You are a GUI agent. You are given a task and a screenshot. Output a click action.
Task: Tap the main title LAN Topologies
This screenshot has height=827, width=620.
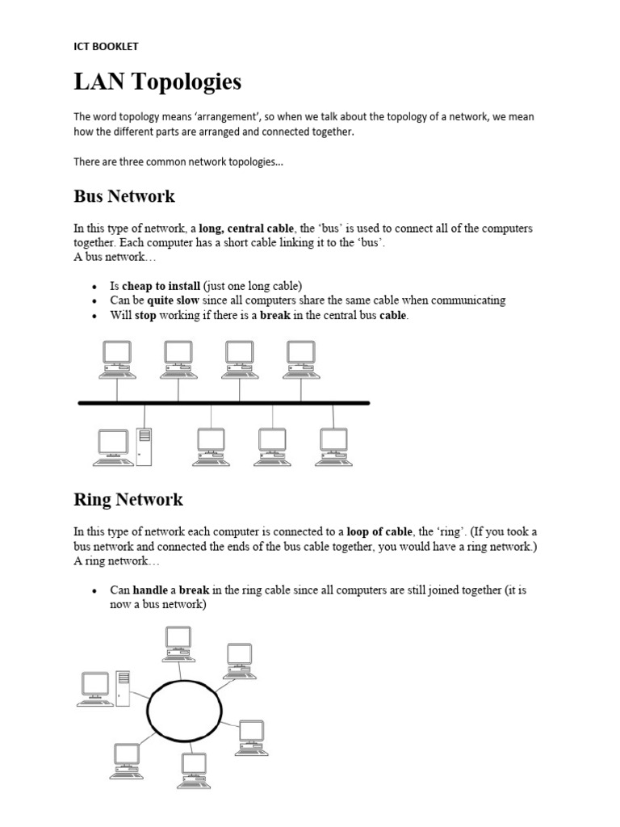pos(157,82)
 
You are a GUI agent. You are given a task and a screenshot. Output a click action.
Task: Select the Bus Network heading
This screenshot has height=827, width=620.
pos(124,196)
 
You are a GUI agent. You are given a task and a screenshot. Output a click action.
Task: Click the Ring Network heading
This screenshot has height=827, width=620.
pos(128,499)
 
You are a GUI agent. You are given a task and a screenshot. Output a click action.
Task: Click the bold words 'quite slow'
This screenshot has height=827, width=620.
pos(172,300)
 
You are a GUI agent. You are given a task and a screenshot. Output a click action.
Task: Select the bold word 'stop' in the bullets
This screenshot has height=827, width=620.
pos(145,315)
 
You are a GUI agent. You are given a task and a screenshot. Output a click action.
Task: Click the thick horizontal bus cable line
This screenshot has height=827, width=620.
pos(224,402)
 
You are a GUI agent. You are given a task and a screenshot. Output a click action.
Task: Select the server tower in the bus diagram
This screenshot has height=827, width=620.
pos(144,446)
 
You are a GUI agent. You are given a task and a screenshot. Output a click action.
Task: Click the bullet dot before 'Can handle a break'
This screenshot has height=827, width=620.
pos(94,591)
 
